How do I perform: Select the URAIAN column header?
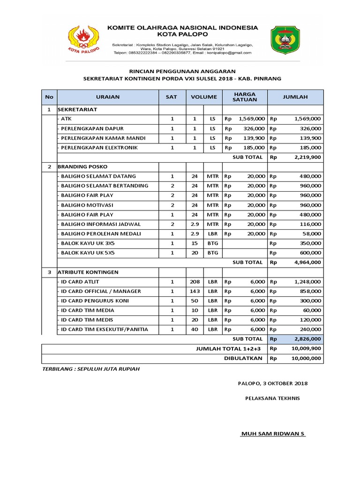(108, 97)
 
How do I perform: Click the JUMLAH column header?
(295, 97)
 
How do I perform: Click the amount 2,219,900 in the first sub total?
(307, 157)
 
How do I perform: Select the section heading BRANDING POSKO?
(82, 167)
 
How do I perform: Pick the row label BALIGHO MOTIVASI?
(87, 205)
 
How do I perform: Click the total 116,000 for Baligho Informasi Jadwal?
(310, 225)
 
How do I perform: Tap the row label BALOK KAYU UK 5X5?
(88, 253)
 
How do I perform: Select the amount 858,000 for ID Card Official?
(310, 292)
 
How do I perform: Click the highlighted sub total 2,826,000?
(307, 339)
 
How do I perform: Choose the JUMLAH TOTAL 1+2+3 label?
(229, 349)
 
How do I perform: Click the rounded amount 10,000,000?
(306, 359)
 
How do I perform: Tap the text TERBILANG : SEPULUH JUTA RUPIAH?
(91, 369)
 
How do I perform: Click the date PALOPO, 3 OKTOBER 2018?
(273, 384)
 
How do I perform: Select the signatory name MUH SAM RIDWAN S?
(273, 434)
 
